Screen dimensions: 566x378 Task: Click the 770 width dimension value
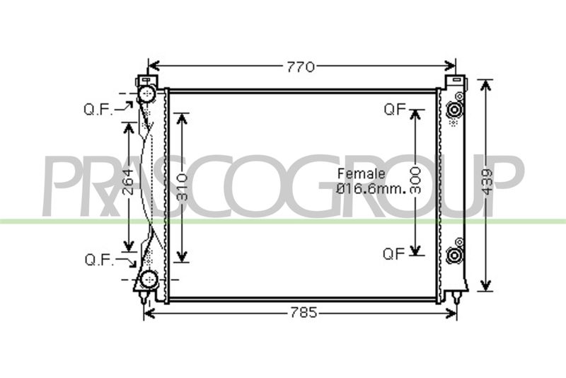click(x=300, y=67)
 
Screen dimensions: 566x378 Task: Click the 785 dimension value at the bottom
click(x=304, y=312)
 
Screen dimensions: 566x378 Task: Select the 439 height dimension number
click(x=487, y=183)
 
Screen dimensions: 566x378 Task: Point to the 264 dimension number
click(x=128, y=183)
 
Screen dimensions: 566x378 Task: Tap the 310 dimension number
click(x=183, y=187)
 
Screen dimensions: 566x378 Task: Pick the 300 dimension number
click(x=415, y=181)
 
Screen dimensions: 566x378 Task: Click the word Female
click(x=361, y=173)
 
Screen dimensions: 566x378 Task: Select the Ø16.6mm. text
click(x=371, y=189)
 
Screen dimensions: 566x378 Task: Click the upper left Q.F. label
click(x=98, y=110)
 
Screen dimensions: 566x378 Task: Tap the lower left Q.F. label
click(x=99, y=260)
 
